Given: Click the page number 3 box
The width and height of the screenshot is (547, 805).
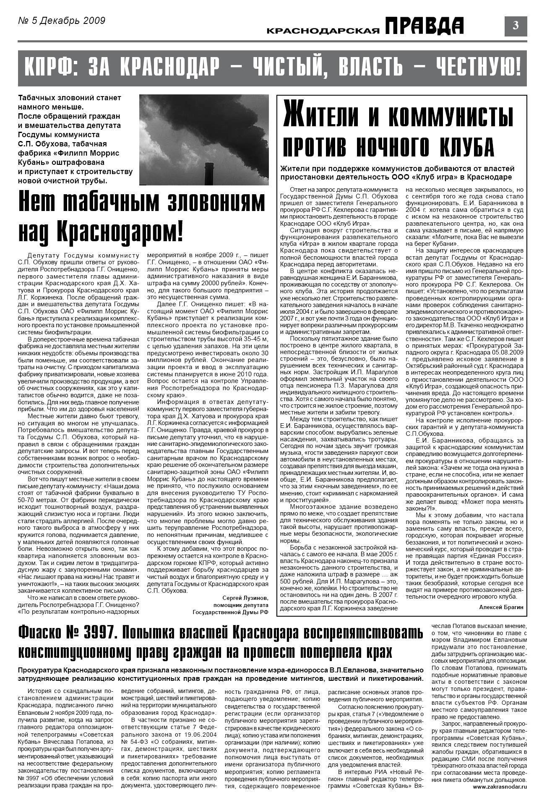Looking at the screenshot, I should (x=516, y=26).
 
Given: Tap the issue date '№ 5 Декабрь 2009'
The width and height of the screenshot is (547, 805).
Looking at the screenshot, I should (x=62, y=21).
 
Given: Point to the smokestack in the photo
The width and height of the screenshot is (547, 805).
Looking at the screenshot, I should (x=206, y=170).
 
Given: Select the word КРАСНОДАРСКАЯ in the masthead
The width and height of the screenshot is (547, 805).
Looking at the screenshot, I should (x=323, y=30).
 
